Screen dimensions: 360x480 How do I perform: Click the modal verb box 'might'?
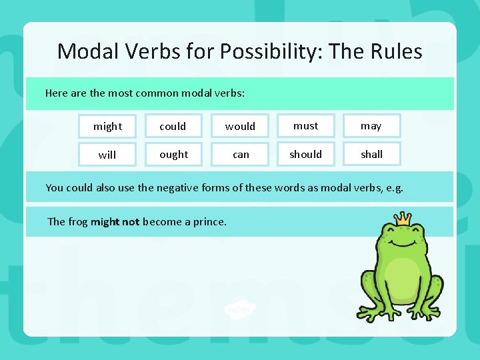107,126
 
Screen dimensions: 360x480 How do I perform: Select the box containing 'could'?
173,126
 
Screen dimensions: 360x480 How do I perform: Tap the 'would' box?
240,126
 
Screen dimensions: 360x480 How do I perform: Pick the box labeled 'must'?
305,125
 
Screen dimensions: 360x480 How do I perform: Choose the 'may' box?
371,125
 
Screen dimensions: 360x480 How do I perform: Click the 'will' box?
107,155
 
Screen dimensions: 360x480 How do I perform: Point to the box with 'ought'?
173,154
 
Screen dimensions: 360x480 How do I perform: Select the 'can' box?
241,154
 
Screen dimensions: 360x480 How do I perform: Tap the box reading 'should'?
305,154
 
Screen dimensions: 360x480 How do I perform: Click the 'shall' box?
371,154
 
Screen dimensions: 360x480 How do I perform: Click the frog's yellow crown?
403,218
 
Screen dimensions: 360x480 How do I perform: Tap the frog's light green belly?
402,279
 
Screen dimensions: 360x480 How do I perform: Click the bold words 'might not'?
115,221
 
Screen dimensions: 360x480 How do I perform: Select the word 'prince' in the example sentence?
209,221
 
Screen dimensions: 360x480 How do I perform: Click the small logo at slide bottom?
239,309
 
